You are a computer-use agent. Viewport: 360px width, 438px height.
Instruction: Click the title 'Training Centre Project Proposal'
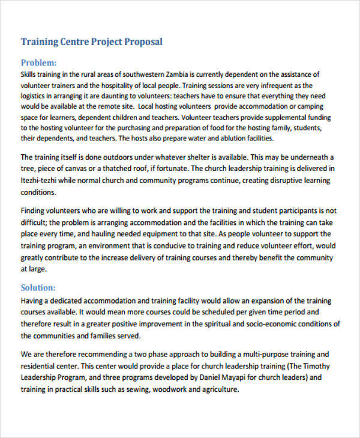coord(91,42)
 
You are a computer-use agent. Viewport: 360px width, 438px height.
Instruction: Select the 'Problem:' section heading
coord(39,62)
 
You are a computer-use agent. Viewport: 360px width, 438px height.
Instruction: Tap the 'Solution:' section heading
coord(38,287)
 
